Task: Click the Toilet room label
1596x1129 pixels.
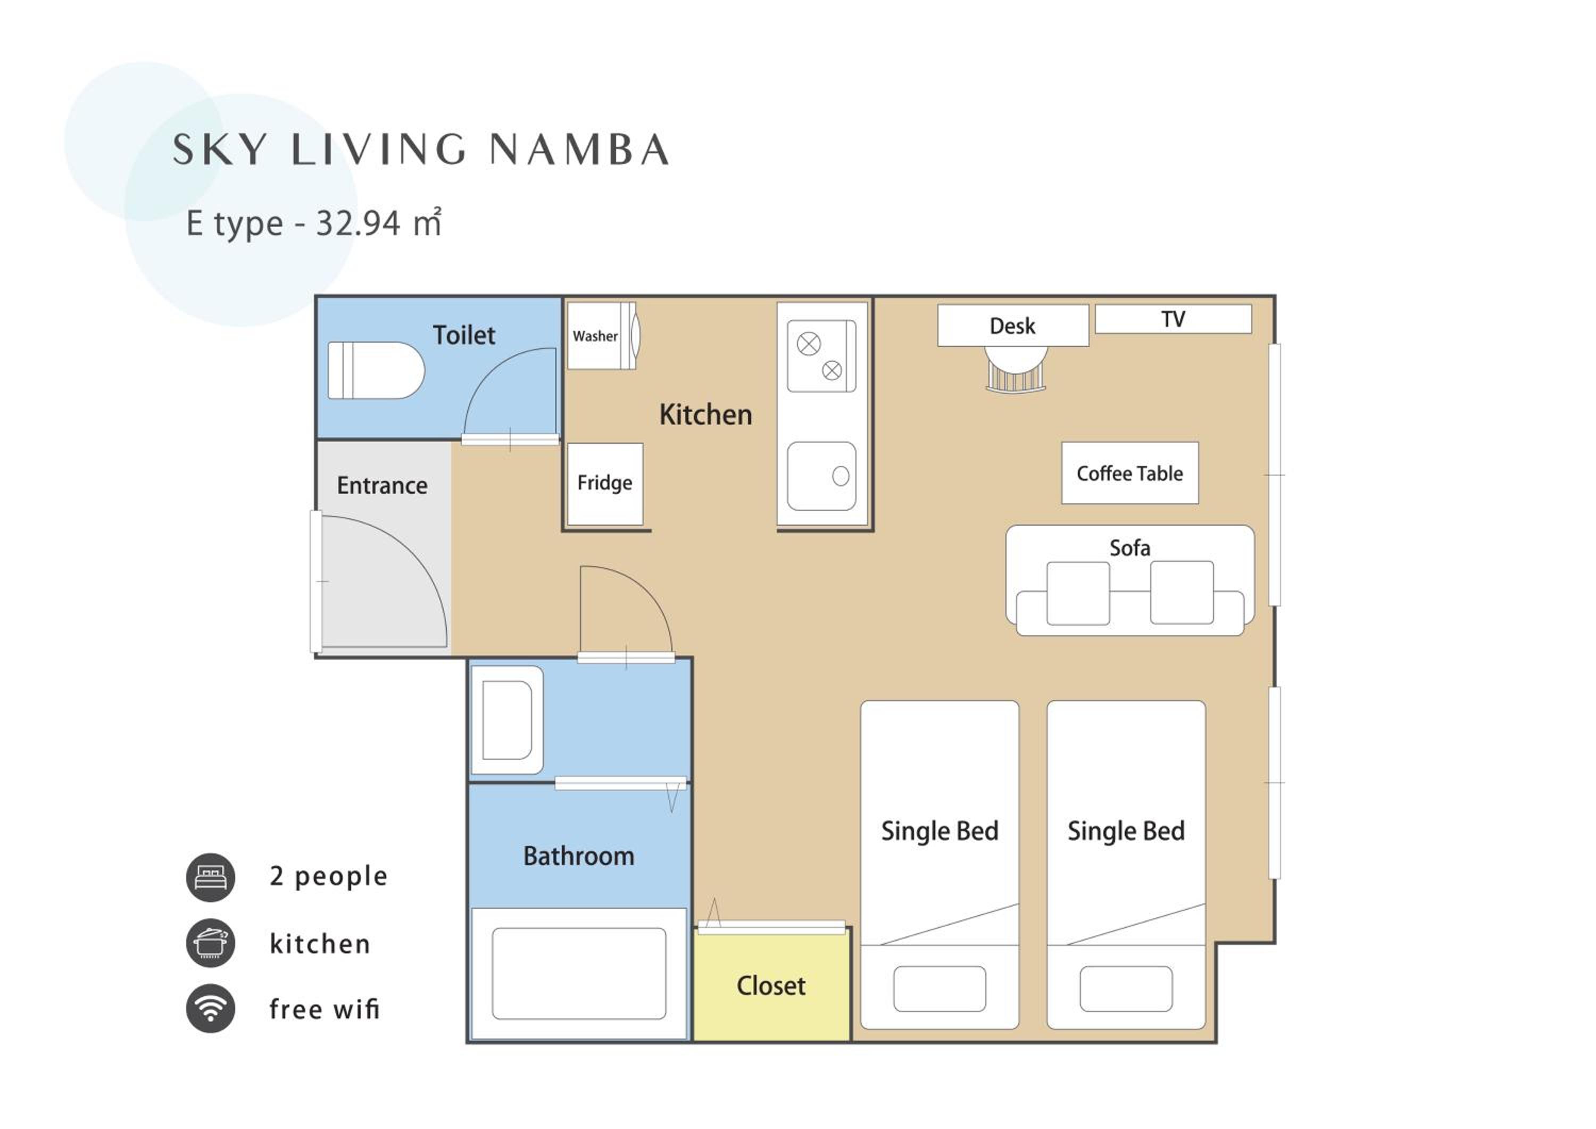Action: [464, 335]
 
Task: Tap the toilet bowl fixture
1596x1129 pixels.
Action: [376, 370]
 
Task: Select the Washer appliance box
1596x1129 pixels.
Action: [602, 335]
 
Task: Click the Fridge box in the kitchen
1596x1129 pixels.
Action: [605, 483]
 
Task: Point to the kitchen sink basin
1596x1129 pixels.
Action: [821, 476]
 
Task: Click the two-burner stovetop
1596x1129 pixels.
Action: [821, 356]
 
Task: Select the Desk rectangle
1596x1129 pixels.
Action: [1013, 326]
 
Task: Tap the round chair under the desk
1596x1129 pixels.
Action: [1016, 369]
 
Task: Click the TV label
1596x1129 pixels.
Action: [1173, 319]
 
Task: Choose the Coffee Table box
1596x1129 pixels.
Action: [1129, 473]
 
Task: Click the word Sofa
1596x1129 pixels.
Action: [1129, 548]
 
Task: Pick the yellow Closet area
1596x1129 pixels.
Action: [771, 986]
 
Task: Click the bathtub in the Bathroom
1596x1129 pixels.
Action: [578, 973]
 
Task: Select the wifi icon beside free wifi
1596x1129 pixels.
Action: [211, 1009]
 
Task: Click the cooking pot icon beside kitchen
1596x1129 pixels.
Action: [211, 943]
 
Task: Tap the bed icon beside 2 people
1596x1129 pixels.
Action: [211, 877]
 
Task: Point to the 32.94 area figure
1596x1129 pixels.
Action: [358, 223]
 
